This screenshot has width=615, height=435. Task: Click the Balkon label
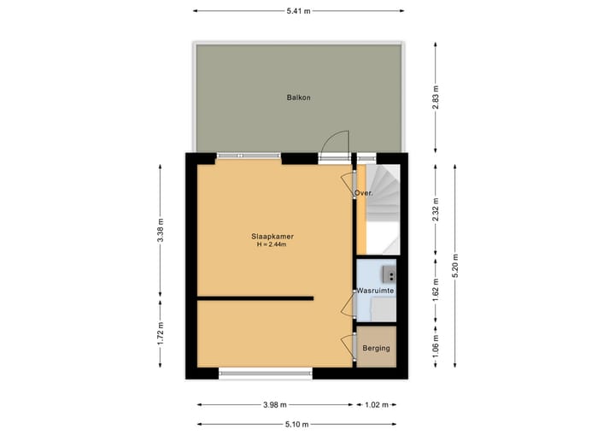coord(298,97)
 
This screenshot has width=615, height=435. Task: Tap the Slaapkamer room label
coord(273,236)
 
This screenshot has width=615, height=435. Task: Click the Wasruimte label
coord(375,291)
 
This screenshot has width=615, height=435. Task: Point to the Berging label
coord(376,348)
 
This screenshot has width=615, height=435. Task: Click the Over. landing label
coord(363,194)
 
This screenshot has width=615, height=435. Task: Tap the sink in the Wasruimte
coord(387,273)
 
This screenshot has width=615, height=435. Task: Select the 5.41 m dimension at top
coord(298,11)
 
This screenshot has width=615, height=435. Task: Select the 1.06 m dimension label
coord(436,348)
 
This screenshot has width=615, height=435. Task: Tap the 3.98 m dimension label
coord(275,405)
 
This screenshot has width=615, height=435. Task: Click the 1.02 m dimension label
coord(377,405)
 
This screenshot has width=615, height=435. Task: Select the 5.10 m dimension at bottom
coord(298,424)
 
